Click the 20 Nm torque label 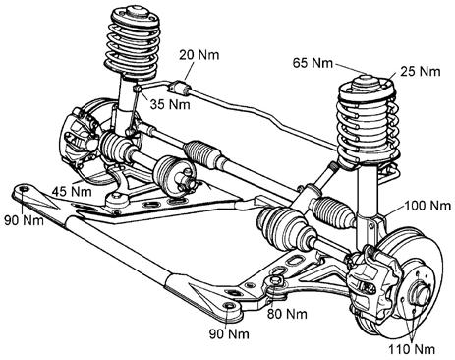pyautogui.click(x=199, y=54)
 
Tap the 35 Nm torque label pyautogui.click(x=170, y=104)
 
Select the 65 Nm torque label pyautogui.click(x=313, y=63)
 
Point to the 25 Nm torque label pyautogui.click(x=421, y=71)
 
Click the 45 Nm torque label pyautogui.click(x=72, y=191)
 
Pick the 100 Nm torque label pyautogui.click(x=427, y=206)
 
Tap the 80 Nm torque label pyautogui.click(x=287, y=314)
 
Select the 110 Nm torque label pyautogui.click(x=412, y=349)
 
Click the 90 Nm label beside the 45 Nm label pyautogui.click(x=24, y=220)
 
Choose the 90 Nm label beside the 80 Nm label pyautogui.click(x=229, y=333)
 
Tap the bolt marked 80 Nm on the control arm pyautogui.click(x=275, y=281)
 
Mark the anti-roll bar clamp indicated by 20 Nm pyautogui.click(x=179, y=87)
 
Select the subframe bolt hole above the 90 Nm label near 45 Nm pyautogui.click(x=24, y=190)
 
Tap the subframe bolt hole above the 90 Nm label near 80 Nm pyautogui.click(x=229, y=306)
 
